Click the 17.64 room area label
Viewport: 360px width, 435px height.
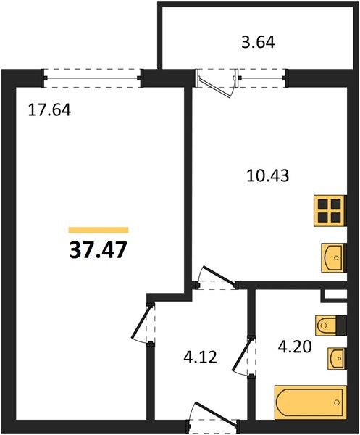(49, 110)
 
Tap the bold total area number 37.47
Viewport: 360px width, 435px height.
(98, 250)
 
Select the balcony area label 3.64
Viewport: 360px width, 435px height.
(258, 43)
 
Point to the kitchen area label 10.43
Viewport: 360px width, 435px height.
(268, 175)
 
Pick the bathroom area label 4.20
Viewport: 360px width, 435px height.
(295, 347)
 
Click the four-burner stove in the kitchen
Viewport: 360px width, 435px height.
(330, 211)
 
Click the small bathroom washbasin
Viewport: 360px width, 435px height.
(337, 358)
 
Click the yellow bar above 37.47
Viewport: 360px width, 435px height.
(99, 230)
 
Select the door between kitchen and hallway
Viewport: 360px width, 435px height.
(219, 275)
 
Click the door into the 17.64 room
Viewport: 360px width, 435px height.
(141, 323)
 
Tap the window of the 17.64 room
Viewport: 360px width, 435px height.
(92, 78)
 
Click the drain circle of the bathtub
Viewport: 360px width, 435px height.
(337, 402)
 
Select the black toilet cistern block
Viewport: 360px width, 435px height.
(341, 325)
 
